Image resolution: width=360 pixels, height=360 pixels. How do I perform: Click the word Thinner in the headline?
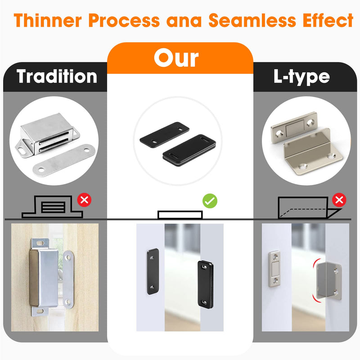point(48,20)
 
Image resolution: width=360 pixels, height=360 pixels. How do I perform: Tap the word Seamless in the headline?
point(252,20)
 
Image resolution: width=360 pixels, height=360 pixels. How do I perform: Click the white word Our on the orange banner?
point(176,58)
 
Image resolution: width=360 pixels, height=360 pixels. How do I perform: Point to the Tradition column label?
point(57,76)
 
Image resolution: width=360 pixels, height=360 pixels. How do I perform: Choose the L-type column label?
point(301,77)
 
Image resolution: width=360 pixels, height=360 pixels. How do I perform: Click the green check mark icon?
point(210,201)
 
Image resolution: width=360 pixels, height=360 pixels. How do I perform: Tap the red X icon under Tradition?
point(84,200)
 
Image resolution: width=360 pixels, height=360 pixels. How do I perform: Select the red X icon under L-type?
point(339,200)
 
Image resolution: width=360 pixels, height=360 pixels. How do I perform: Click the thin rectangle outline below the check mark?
point(180,215)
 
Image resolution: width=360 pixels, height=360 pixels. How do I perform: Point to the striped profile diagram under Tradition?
point(52,207)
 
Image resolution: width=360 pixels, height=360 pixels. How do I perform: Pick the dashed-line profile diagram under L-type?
point(310,207)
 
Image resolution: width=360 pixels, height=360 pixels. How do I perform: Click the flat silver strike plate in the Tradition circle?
point(64,160)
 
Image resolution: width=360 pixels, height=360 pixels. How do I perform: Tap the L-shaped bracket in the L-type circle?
point(313,153)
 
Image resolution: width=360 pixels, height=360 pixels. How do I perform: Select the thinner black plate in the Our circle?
point(164,133)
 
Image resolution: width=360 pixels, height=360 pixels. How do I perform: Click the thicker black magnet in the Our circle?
point(189,150)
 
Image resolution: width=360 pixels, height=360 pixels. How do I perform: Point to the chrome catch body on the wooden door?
point(44,278)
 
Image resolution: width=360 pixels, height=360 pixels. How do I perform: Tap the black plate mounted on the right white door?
point(206,284)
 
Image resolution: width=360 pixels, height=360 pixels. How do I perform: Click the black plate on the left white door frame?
point(153,271)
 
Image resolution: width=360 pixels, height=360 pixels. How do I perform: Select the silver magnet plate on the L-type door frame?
point(274,269)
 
